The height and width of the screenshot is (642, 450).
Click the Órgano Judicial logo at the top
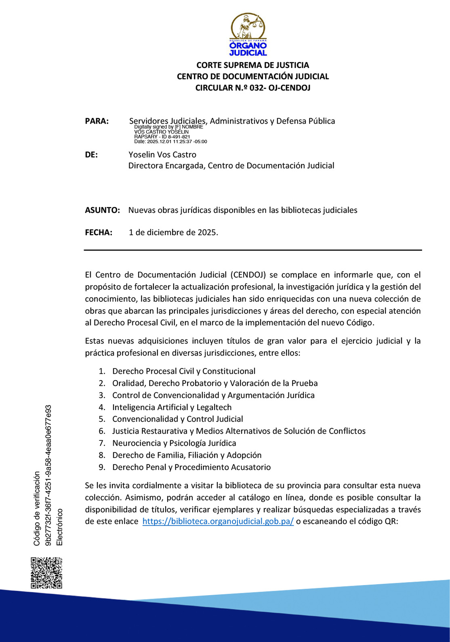(x=248, y=35)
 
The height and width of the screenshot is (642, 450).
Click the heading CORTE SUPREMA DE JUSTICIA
(x=252, y=65)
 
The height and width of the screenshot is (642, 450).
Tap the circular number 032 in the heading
(x=257, y=88)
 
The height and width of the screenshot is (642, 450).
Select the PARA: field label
(x=97, y=121)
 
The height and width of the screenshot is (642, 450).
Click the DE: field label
(x=91, y=155)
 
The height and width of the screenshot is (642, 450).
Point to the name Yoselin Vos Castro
(x=162, y=155)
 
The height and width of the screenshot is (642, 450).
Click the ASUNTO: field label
(x=102, y=210)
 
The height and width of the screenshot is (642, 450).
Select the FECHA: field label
(x=99, y=232)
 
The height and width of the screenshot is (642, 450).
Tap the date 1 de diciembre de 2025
(x=173, y=232)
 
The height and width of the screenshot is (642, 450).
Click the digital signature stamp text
(x=170, y=135)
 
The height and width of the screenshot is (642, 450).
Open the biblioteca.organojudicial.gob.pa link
(x=218, y=521)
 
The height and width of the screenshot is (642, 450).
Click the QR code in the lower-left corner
(x=46, y=573)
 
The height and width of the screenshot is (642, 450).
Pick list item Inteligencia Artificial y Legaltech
(x=172, y=407)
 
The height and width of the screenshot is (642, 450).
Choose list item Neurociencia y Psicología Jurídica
(x=174, y=443)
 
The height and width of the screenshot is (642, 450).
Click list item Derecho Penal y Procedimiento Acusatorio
(x=191, y=467)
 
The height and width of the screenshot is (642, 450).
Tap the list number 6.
(x=102, y=431)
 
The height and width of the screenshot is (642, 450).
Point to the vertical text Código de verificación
(x=37, y=509)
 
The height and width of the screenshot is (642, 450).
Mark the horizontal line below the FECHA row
(x=253, y=250)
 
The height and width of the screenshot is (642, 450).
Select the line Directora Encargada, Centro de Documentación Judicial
(x=231, y=166)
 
